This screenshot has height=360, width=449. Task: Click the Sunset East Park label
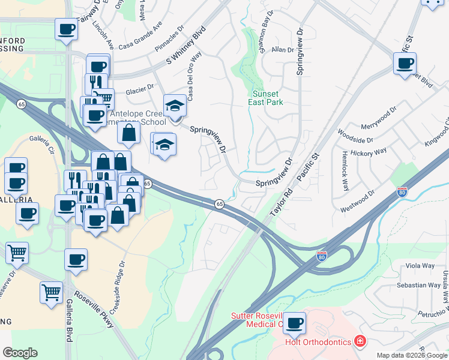(x=265, y=98)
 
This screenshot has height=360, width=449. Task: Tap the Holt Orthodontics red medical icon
(x=360, y=341)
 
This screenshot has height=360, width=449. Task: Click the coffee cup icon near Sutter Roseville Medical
(x=294, y=323)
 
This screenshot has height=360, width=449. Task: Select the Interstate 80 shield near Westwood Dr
(x=402, y=192)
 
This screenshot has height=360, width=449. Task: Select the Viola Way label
(x=420, y=266)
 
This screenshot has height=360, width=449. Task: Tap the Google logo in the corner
(x=20, y=353)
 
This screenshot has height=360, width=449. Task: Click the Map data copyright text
(x=411, y=355)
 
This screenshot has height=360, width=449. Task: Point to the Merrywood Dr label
(x=379, y=119)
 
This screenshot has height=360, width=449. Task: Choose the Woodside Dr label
(x=355, y=135)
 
